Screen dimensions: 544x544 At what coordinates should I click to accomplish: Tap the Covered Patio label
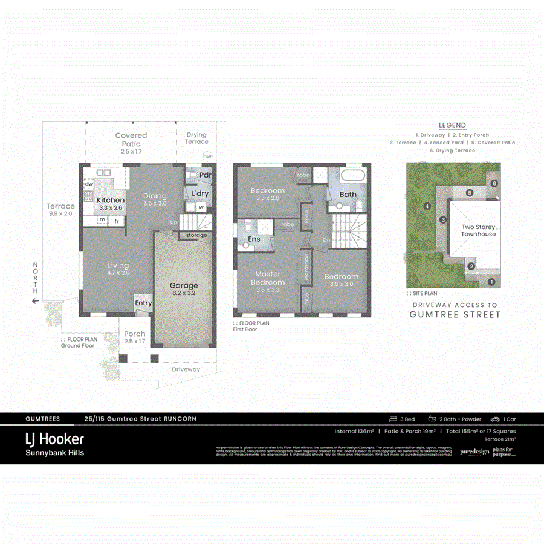[x=131, y=140]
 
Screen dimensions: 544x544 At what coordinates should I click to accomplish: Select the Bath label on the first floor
[x=348, y=195]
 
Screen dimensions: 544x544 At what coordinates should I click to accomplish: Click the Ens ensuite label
[x=253, y=239]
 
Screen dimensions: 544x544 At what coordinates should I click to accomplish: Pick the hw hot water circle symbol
[x=207, y=156]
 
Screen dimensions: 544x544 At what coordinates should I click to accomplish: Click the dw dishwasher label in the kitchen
[x=88, y=184]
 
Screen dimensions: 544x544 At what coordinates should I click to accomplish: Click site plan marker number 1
[x=491, y=281]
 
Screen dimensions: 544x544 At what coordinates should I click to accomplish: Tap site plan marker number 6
[x=494, y=183]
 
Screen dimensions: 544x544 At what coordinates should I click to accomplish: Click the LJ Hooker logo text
[x=54, y=439]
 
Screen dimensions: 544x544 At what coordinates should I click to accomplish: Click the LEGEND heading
[x=452, y=125]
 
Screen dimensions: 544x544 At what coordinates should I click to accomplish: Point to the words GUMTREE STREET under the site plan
[x=455, y=314]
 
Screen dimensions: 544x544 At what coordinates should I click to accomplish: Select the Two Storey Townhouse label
[x=478, y=230]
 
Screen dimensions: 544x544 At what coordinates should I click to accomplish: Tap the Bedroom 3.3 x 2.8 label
[x=268, y=194]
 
